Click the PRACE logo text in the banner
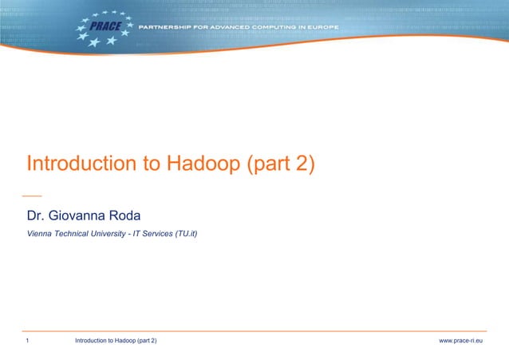click(x=105, y=26)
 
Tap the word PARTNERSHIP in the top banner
click(x=168, y=27)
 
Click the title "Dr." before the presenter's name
click(x=37, y=216)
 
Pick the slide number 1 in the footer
click(x=28, y=342)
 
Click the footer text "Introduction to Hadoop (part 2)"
click(x=116, y=342)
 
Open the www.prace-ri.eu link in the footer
click(x=467, y=342)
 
